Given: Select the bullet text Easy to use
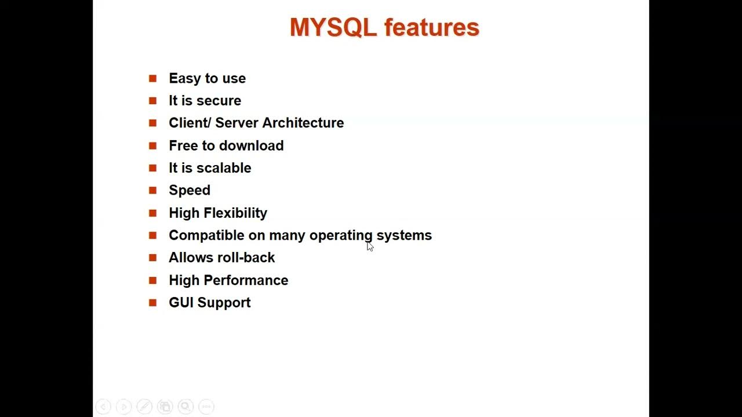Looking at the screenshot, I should click(x=207, y=78).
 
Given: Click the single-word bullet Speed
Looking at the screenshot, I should click(x=190, y=191).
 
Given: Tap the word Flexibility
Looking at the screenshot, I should click(x=235, y=213).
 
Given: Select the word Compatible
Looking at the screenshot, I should click(x=207, y=235).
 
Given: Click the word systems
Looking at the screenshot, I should click(x=404, y=236).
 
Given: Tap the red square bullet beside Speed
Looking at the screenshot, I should click(x=152, y=190).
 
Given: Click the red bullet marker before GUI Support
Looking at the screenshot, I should click(x=152, y=302).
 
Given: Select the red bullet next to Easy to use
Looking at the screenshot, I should click(x=152, y=78).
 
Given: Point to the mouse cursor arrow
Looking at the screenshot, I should click(x=369, y=246).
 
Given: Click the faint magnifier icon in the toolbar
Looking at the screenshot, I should click(x=185, y=407).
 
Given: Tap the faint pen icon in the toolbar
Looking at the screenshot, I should click(x=144, y=407).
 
